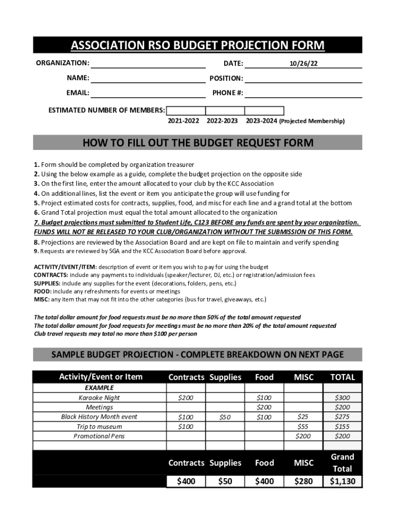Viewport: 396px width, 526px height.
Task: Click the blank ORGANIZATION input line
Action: [148, 64]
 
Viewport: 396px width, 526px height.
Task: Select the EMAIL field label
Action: [78, 93]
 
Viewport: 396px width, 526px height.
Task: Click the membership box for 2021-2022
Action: [186, 110]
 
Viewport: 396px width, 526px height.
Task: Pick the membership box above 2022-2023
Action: [225, 110]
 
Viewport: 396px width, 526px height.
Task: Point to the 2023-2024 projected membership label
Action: [295, 121]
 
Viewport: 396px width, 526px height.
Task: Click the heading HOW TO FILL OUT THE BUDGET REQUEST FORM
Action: [197, 142]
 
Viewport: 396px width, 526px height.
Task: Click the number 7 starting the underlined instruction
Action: [36, 222]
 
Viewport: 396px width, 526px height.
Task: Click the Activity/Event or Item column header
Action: [100, 377]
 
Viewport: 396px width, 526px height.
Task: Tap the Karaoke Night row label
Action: [99, 398]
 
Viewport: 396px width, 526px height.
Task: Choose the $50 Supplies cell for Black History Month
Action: [224, 417]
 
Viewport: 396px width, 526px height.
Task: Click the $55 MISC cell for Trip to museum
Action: [303, 427]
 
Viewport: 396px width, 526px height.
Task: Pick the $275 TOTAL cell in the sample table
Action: [342, 417]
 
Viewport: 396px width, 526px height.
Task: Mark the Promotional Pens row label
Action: [99, 436]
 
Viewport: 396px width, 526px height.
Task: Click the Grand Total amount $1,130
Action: [342, 481]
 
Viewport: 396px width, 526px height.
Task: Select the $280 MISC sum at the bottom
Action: [303, 481]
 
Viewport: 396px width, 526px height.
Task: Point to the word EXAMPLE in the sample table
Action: [99, 388]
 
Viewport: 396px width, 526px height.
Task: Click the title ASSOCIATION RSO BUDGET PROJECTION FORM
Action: [197, 46]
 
